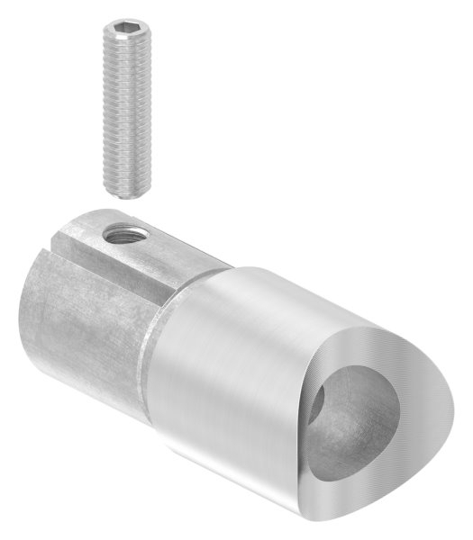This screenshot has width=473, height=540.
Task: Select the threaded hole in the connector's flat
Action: click(x=119, y=236)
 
